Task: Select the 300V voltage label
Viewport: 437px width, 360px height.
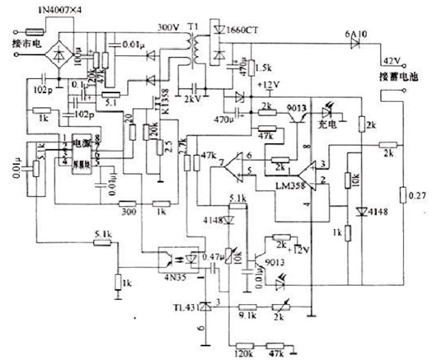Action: (x=168, y=26)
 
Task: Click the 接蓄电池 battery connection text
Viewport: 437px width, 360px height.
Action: (x=397, y=77)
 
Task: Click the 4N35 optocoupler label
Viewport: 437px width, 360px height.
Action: (x=172, y=277)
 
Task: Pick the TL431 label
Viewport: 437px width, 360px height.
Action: (x=186, y=303)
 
